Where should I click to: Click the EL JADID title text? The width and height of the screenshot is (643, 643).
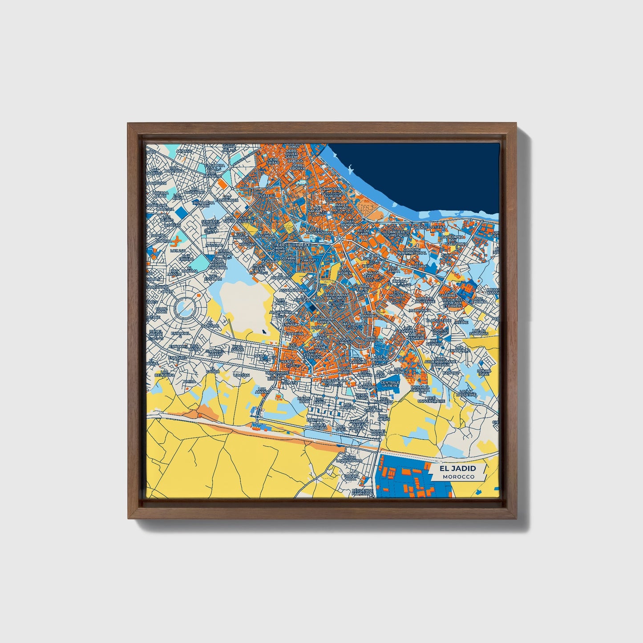[457, 468]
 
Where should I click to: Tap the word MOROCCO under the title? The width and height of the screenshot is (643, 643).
[458, 477]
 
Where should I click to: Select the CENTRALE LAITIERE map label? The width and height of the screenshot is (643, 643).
[390, 384]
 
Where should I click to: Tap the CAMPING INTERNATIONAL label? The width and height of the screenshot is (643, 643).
[412, 251]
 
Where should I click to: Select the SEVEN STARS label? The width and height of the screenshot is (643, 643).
[361, 395]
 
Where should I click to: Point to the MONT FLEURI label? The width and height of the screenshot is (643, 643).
[259, 267]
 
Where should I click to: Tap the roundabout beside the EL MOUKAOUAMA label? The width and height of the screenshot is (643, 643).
[339, 239]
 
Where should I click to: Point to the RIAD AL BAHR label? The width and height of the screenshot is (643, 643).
[304, 400]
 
